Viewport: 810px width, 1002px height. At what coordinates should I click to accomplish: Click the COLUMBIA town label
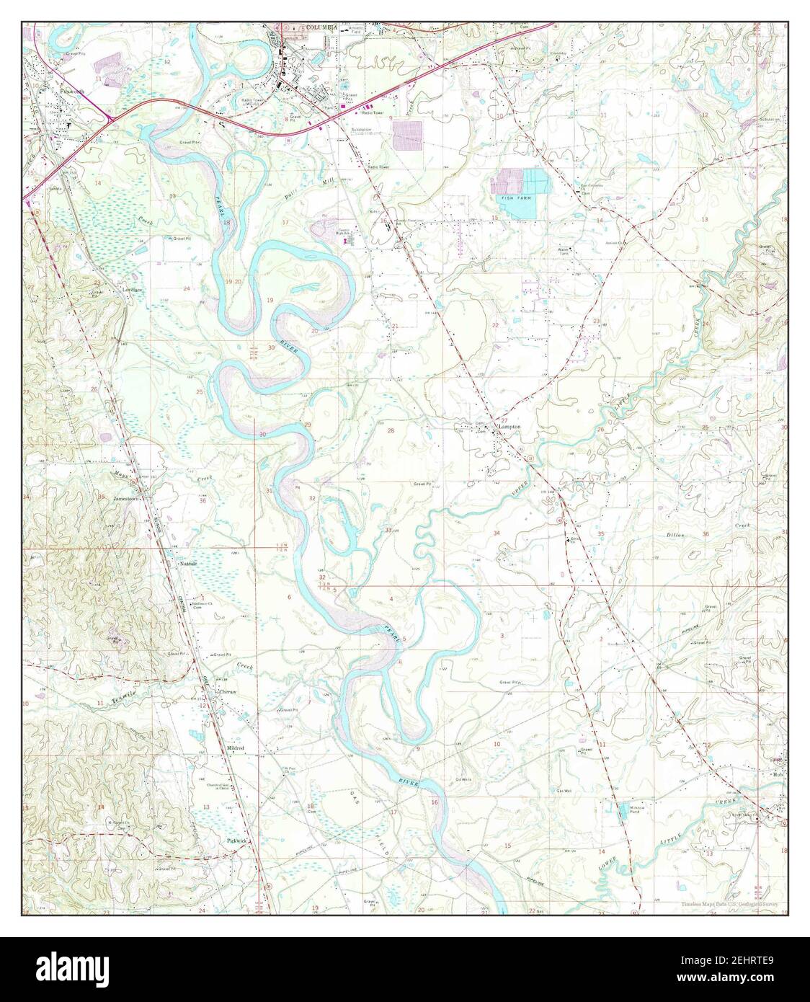tap(321, 27)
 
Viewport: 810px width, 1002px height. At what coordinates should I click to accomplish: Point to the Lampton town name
tap(507, 427)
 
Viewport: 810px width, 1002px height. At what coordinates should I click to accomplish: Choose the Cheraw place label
tap(228, 691)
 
